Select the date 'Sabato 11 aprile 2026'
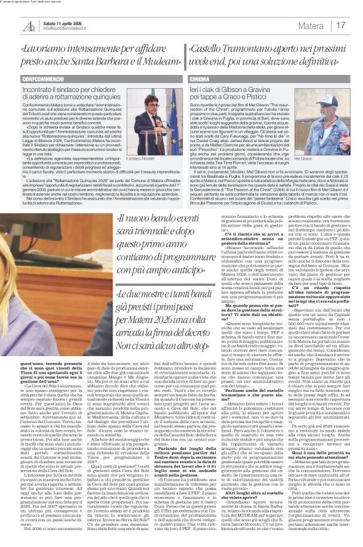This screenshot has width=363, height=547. [63, 22]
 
